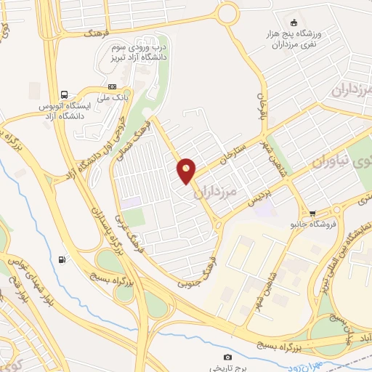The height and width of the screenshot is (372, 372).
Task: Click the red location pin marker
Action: pyautogui.click(x=187, y=170)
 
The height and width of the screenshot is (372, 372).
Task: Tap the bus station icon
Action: pyautogui.click(x=65, y=94)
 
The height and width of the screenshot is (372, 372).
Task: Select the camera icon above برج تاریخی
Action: pyautogui.click(x=227, y=357)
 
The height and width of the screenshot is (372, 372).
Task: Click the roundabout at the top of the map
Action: pyautogui.click(x=227, y=13)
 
